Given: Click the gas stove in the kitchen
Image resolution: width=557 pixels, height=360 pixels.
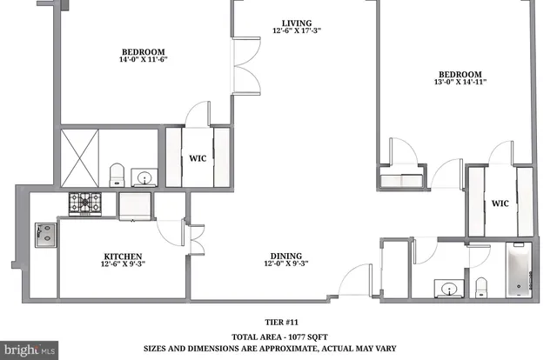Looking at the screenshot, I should [x=85, y=203].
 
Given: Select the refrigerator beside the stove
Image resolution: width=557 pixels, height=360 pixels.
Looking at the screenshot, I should [x=135, y=205].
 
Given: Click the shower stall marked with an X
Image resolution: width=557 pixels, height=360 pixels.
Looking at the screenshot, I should [x=79, y=157].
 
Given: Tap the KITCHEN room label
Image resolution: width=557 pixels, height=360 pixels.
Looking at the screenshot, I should [x=123, y=257].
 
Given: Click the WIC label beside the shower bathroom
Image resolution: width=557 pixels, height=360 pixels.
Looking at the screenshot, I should [x=198, y=157].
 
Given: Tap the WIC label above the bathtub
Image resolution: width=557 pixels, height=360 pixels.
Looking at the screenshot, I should [x=500, y=203].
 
